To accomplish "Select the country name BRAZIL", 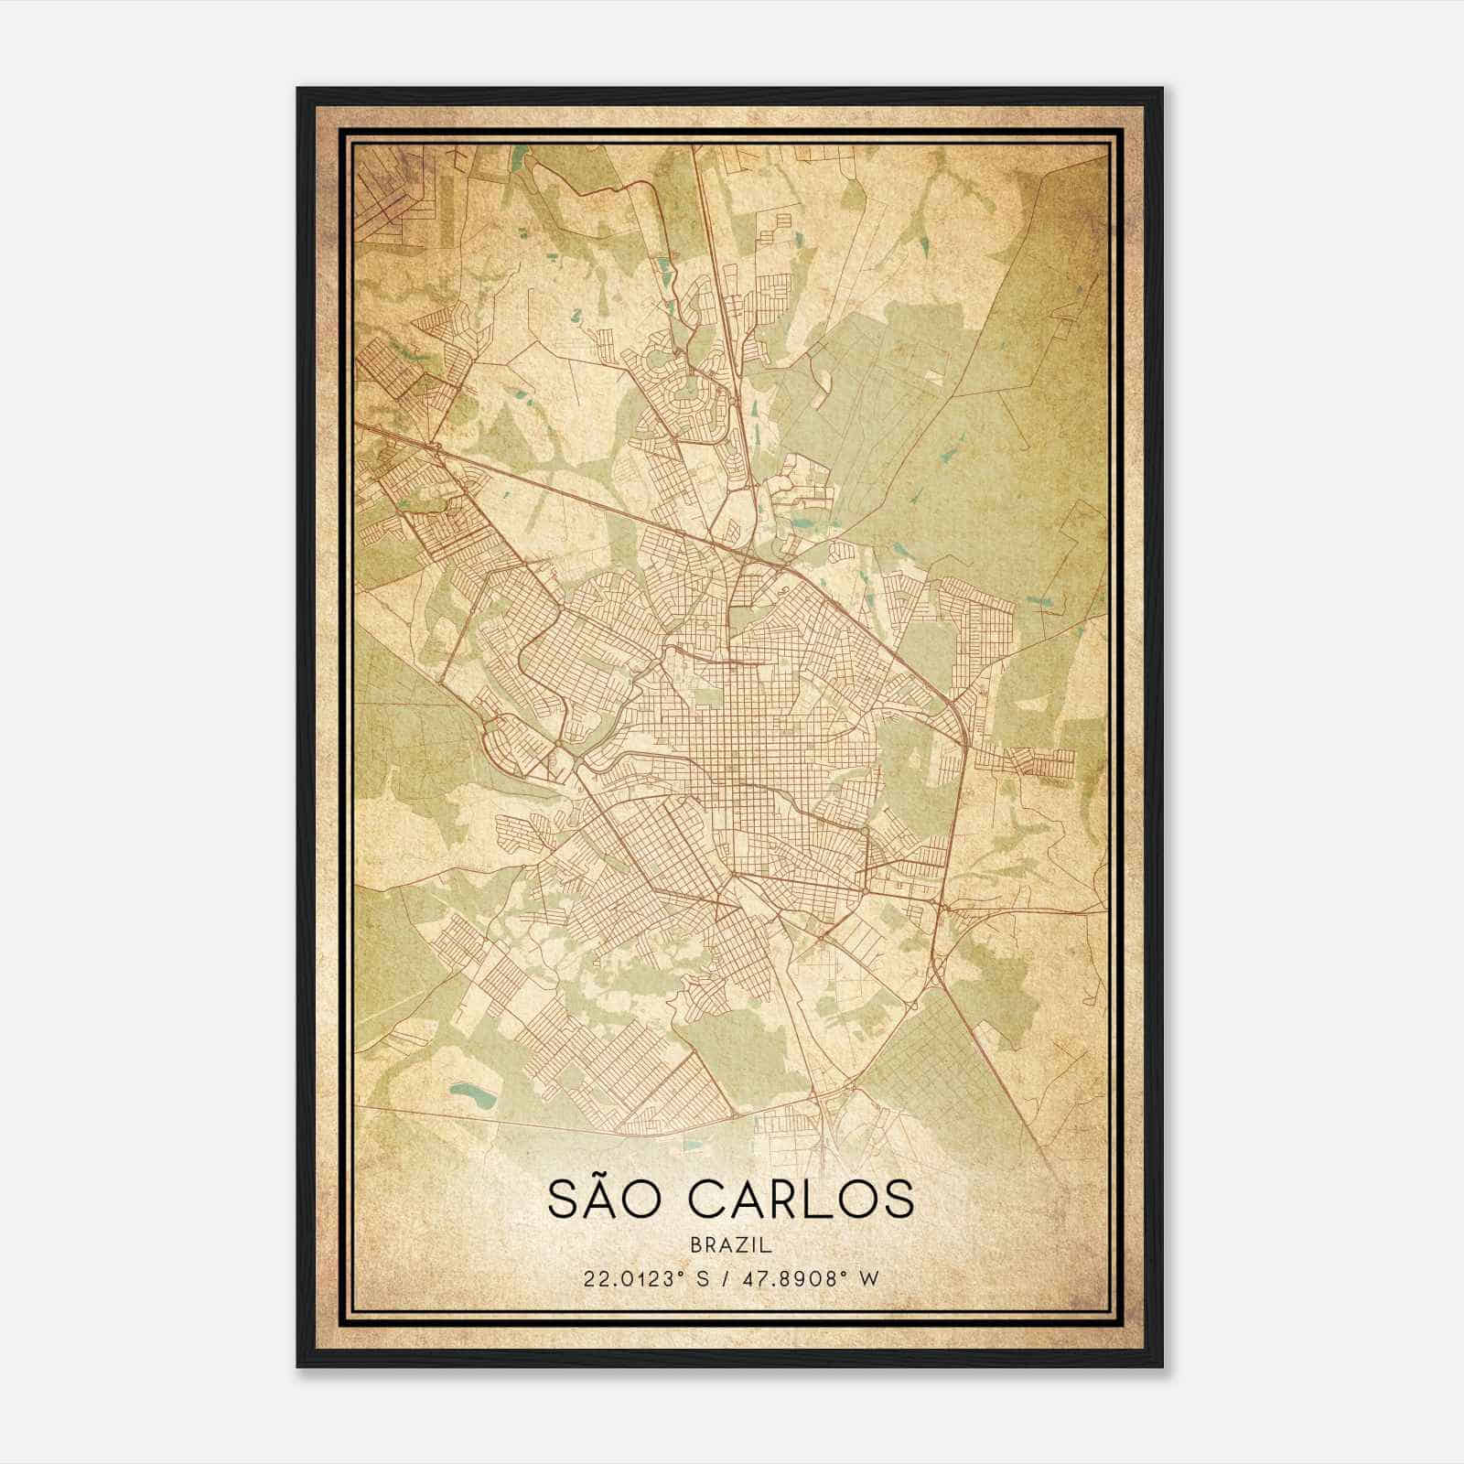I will (x=732, y=1245).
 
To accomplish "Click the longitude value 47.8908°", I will (x=792, y=1279).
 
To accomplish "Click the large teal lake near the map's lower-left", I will (x=470, y=1093).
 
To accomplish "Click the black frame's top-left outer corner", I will (x=297, y=88).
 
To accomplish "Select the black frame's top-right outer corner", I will (x=1163, y=88).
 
